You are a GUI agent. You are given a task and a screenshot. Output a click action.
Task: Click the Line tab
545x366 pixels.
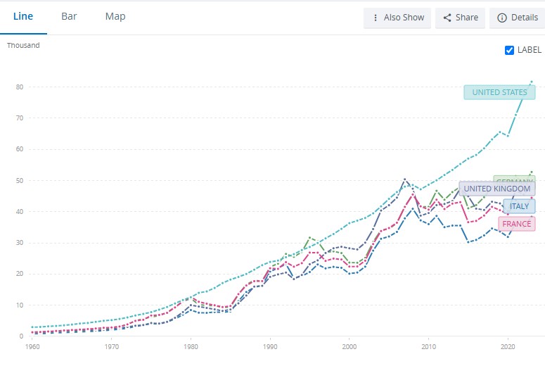23,16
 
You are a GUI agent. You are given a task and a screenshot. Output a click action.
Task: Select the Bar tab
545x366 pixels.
69,16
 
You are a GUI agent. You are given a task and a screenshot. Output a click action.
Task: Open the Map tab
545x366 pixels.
115,16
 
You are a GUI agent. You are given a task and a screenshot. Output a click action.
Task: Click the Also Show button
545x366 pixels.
397,18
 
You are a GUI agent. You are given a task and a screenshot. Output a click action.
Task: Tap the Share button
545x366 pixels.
460,18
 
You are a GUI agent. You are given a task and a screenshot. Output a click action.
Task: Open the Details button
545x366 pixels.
517,18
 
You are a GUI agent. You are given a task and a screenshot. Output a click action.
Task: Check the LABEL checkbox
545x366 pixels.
510,50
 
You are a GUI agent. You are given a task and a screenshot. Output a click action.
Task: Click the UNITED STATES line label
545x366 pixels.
499,92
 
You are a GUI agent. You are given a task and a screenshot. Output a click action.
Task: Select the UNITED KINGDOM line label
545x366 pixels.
497,189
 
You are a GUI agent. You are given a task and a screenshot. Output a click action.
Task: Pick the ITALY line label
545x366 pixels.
519,206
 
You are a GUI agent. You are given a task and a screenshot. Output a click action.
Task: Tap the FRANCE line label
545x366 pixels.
517,224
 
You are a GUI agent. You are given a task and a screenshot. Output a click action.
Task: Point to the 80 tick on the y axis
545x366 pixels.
20,87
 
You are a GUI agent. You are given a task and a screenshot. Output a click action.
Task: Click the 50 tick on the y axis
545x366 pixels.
20,181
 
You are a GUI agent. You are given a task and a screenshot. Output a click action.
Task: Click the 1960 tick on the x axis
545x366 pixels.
32,347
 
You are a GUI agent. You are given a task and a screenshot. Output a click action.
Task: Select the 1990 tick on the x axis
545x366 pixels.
269,347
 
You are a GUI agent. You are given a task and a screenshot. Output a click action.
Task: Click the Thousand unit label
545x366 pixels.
23,46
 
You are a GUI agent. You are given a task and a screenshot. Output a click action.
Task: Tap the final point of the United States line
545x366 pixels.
532,82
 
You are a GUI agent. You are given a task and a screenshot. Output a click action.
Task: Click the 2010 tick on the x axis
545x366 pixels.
428,347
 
